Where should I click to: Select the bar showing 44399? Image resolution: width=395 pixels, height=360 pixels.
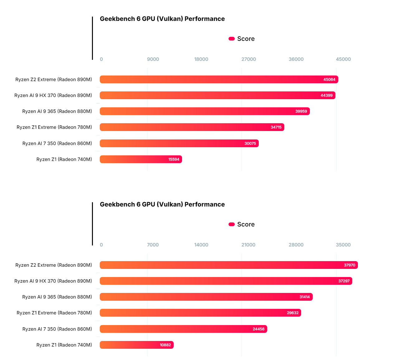click(x=217, y=95)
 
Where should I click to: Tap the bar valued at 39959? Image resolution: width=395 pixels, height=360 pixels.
click(x=205, y=111)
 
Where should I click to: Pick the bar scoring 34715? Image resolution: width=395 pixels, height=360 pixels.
click(x=192, y=127)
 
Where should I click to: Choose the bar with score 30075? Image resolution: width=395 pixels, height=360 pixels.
click(x=179, y=144)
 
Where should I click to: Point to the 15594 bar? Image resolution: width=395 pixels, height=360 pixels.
click(x=141, y=159)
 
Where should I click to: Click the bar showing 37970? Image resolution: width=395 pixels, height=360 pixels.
click(x=229, y=265)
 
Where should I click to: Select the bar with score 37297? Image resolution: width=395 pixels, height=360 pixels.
click(x=226, y=281)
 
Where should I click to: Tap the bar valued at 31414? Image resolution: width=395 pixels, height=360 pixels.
click(x=206, y=297)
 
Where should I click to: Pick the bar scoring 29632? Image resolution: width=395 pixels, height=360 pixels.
click(x=200, y=313)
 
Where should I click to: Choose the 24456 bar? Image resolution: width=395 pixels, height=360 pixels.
click(x=183, y=329)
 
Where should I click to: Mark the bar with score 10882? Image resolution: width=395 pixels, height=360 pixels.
click(x=137, y=345)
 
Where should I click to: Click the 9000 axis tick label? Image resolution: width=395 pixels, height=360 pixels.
click(x=153, y=59)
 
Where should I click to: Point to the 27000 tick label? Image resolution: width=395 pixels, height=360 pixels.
click(x=249, y=59)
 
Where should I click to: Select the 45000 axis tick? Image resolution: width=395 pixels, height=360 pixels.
click(x=343, y=59)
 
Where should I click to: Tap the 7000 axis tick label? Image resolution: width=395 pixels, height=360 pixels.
click(x=153, y=245)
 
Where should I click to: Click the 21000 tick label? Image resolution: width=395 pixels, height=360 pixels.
click(x=248, y=245)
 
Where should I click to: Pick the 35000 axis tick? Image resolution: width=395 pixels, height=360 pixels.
click(x=343, y=245)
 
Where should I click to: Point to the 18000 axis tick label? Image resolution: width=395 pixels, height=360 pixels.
click(x=201, y=59)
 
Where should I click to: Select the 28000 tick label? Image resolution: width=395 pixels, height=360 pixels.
click(x=296, y=245)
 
